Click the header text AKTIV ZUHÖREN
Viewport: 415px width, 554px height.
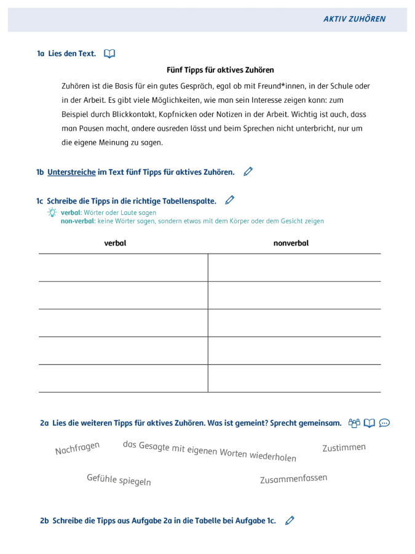click(354, 19)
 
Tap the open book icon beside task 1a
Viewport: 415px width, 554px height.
click(109, 54)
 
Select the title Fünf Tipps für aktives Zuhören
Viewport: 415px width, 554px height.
click(220, 70)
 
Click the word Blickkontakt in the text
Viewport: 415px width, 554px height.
click(134, 114)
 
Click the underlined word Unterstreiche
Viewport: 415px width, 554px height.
click(71, 172)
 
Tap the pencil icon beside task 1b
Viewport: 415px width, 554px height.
click(248, 172)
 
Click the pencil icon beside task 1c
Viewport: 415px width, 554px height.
click(230, 200)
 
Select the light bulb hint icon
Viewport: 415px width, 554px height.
click(53, 212)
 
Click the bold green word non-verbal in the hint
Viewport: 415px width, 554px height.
click(77, 221)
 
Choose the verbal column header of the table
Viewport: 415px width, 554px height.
click(115, 243)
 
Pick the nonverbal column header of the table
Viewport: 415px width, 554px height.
click(291, 243)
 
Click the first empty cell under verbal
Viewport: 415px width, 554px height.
click(123, 267)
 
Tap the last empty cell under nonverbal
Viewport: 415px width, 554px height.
click(294, 378)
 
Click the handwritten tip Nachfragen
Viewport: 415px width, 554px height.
click(77, 448)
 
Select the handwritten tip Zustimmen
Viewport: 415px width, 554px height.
click(344, 448)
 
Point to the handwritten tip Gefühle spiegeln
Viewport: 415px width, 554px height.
click(119, 480)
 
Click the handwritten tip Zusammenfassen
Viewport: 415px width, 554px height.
click(293, 479)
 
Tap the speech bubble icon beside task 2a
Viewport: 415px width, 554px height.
click(384, 423)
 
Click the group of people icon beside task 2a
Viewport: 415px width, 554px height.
click(354, 423)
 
